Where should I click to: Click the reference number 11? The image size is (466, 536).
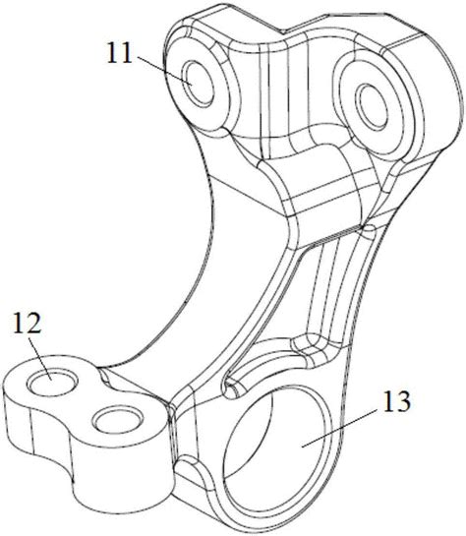pos(120,53)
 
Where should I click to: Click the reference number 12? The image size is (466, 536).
pos(28,323)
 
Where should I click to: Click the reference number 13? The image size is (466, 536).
pos(396,401)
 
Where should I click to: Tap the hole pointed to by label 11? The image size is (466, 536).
pos(199,83)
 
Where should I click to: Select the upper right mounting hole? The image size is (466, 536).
pos(372,107)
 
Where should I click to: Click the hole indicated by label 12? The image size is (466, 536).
pos(53,382)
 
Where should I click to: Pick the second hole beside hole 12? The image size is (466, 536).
pos(118,420)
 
